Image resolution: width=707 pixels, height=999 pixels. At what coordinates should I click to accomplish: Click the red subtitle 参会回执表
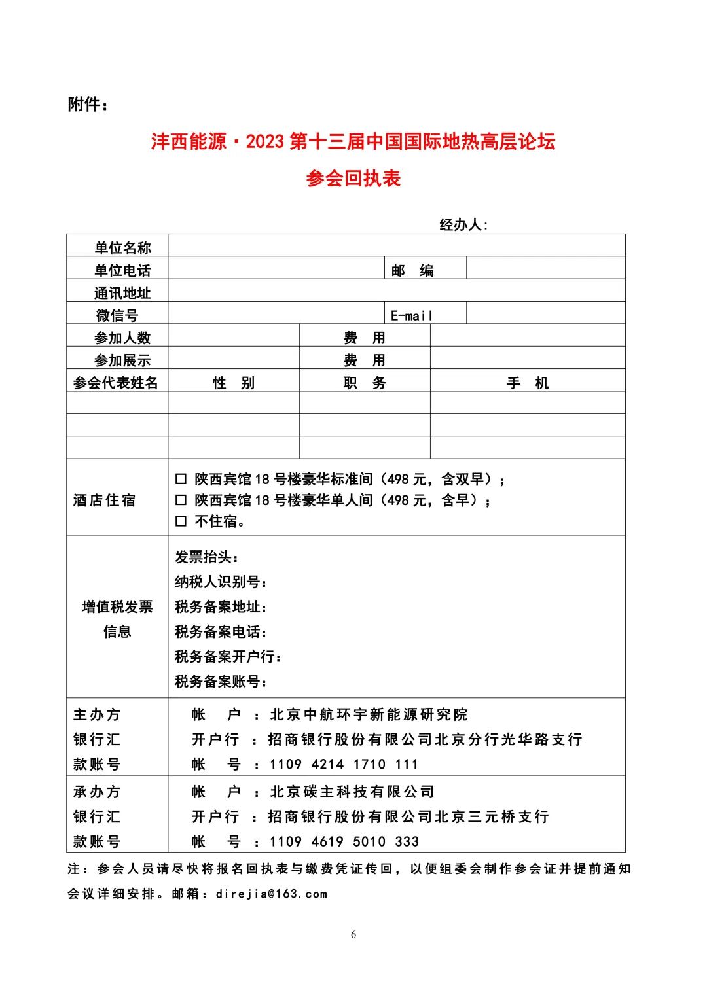tap(353, 178)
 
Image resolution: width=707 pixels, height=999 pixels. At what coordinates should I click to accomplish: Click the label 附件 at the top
tap(87, 105)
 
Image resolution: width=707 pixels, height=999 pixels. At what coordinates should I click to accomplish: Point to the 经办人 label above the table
tap(463, 225)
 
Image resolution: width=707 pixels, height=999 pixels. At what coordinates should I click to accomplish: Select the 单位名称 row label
tap(122, 248)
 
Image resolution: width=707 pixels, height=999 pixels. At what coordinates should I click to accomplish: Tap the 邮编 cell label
tap(412, 270)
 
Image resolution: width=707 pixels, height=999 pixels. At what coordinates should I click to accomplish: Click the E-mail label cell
tap(412, 315)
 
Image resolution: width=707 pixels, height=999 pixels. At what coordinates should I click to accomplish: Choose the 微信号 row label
tap(117, 315)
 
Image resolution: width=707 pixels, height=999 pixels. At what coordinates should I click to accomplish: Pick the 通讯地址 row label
tap(122, 293)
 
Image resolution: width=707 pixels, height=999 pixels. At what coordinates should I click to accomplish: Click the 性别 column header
tap(234, 383)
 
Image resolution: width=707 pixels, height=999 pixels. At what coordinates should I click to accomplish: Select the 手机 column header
tap(528, 383)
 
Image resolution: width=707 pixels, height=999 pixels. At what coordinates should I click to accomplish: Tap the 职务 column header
tap(365, 383)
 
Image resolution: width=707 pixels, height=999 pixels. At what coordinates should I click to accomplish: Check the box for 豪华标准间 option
tap(181, 480)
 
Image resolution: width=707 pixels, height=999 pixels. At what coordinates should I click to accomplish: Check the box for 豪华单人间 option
tap(181, 500)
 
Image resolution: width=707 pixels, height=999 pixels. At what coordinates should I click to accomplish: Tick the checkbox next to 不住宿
tap(181, 521)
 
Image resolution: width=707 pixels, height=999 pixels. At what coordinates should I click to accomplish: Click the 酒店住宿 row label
tap(105, 500)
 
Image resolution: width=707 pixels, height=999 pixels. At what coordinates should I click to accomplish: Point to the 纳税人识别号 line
tap(221, 582)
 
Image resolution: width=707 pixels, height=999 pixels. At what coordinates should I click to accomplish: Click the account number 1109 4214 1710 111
tap(344, 764)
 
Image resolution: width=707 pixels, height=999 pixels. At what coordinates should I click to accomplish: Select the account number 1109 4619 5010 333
tap(344, 841)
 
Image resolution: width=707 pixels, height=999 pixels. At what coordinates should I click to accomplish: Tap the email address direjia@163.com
tap(271, 894)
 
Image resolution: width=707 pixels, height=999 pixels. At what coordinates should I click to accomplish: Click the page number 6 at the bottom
tap(353, 934)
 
